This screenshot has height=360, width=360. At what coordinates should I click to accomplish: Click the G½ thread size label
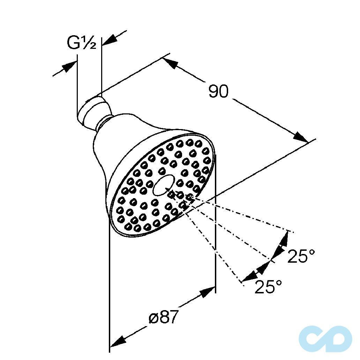(82, 43)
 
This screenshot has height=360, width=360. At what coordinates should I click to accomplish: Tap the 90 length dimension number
(219, 91)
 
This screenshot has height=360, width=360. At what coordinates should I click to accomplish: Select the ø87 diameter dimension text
(164, 317)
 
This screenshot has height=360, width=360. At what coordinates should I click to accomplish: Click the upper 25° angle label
(301, 256)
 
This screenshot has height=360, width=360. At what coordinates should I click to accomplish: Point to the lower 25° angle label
(268, 286)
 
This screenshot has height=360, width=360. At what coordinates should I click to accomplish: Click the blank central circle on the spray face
(164, 186)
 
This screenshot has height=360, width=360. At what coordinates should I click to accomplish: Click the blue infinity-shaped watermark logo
(325, 338)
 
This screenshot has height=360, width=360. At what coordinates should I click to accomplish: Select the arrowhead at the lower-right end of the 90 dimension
(301, 137)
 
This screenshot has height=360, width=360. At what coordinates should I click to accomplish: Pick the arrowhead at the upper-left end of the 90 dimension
(170, 63)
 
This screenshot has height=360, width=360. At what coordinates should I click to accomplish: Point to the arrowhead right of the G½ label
(110, 40)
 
